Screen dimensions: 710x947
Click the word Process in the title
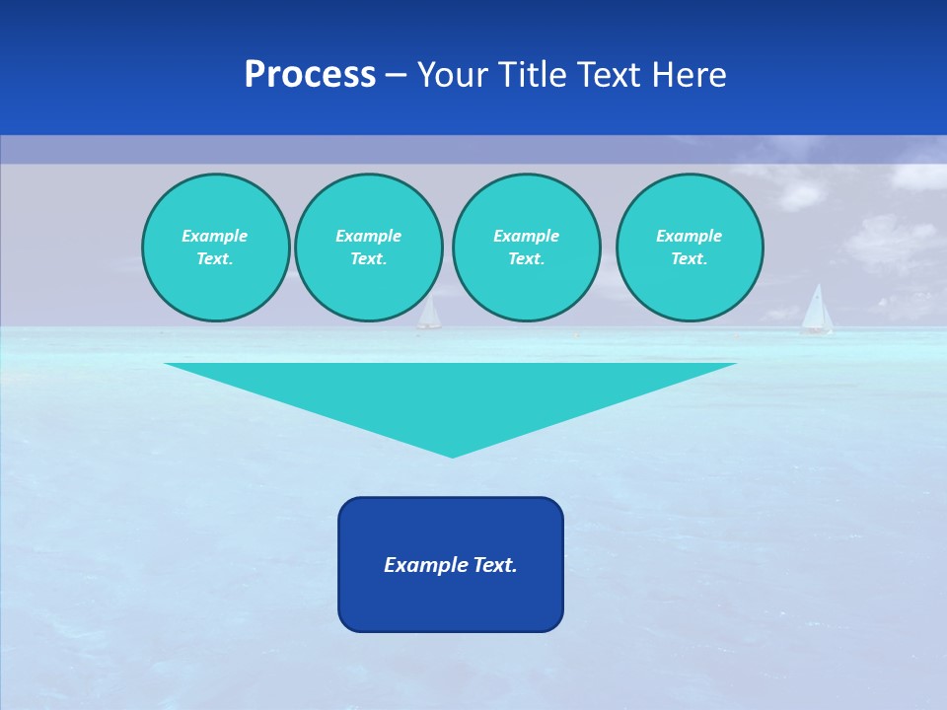pos(310,75)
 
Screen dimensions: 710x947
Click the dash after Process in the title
pos(396,76)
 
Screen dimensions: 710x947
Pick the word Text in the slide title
pos(609,75)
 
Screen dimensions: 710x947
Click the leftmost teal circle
pos(215,247)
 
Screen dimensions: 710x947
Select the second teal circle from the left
pos(368,247)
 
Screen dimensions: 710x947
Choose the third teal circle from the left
pos(526,247)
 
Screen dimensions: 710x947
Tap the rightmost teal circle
pos(690,247)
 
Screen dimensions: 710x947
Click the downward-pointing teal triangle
pos(452,394)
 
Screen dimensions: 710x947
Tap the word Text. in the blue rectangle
pos(494,565)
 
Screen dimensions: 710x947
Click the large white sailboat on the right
pos(816,310)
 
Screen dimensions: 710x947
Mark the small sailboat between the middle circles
pos(429,315)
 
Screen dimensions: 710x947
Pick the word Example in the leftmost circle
pos(215,236)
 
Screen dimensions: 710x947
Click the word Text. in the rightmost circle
pos(690,258)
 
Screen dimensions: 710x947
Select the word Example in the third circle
pos(526,236)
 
